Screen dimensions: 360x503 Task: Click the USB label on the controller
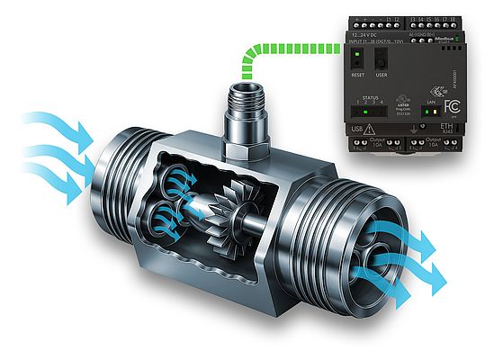click(355, 130)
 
